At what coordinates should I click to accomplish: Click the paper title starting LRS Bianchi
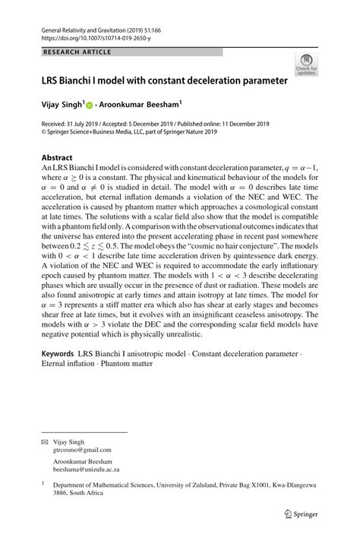[165, 80]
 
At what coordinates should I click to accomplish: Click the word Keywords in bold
[58, 354]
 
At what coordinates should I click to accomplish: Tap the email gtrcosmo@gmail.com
[81, 450]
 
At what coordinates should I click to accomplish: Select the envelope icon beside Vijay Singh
[44, 441]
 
